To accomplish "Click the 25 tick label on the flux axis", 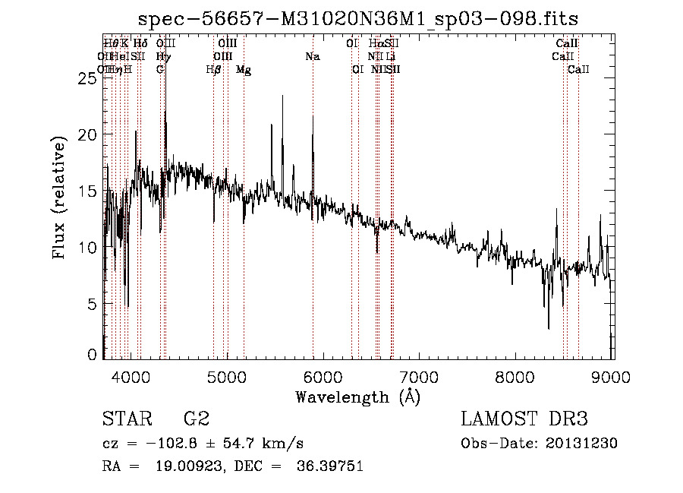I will click(87, 78).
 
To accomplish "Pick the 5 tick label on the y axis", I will click(92, 304).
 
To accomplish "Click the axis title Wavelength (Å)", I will click(357, 397).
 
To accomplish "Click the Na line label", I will click(313, 57).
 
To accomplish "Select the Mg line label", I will click(244, 70).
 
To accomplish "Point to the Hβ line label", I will click(214, 70).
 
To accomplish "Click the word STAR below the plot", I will click(126, 419).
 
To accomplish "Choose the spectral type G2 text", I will click(196, 419).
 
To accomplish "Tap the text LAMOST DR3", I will click(524, 419).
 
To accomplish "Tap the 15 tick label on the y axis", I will click(87, 191).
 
